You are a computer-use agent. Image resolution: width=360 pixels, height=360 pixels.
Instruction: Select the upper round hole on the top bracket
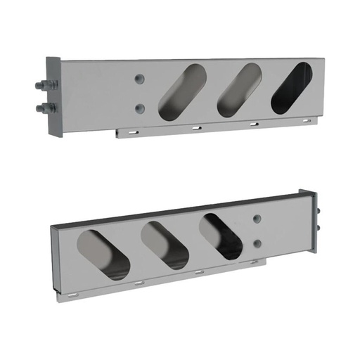click(141, 76)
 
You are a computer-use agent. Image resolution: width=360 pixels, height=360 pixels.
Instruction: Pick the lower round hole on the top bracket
click(141, 108)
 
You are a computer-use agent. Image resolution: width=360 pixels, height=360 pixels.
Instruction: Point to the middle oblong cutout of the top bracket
click(237, 89)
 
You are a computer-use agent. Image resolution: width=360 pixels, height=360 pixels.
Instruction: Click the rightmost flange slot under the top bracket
click(303, 121)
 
